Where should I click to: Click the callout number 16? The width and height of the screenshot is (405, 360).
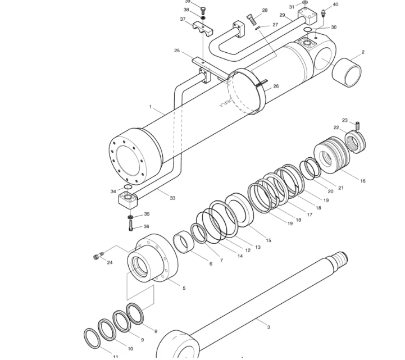pos(363,181)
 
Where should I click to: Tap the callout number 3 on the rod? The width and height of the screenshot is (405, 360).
pos(269,327)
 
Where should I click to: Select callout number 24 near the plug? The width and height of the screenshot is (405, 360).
pos(110,262)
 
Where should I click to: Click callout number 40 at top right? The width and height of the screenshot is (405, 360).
pos(335,4)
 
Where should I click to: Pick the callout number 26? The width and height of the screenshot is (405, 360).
pos(276,86)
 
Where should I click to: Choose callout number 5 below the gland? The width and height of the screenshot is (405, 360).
pos(184,288)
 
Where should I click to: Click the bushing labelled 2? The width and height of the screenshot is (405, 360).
pos(347,71)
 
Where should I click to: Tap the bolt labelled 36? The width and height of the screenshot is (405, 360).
pos(131,227)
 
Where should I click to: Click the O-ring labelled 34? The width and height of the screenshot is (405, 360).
pos(128,187)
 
